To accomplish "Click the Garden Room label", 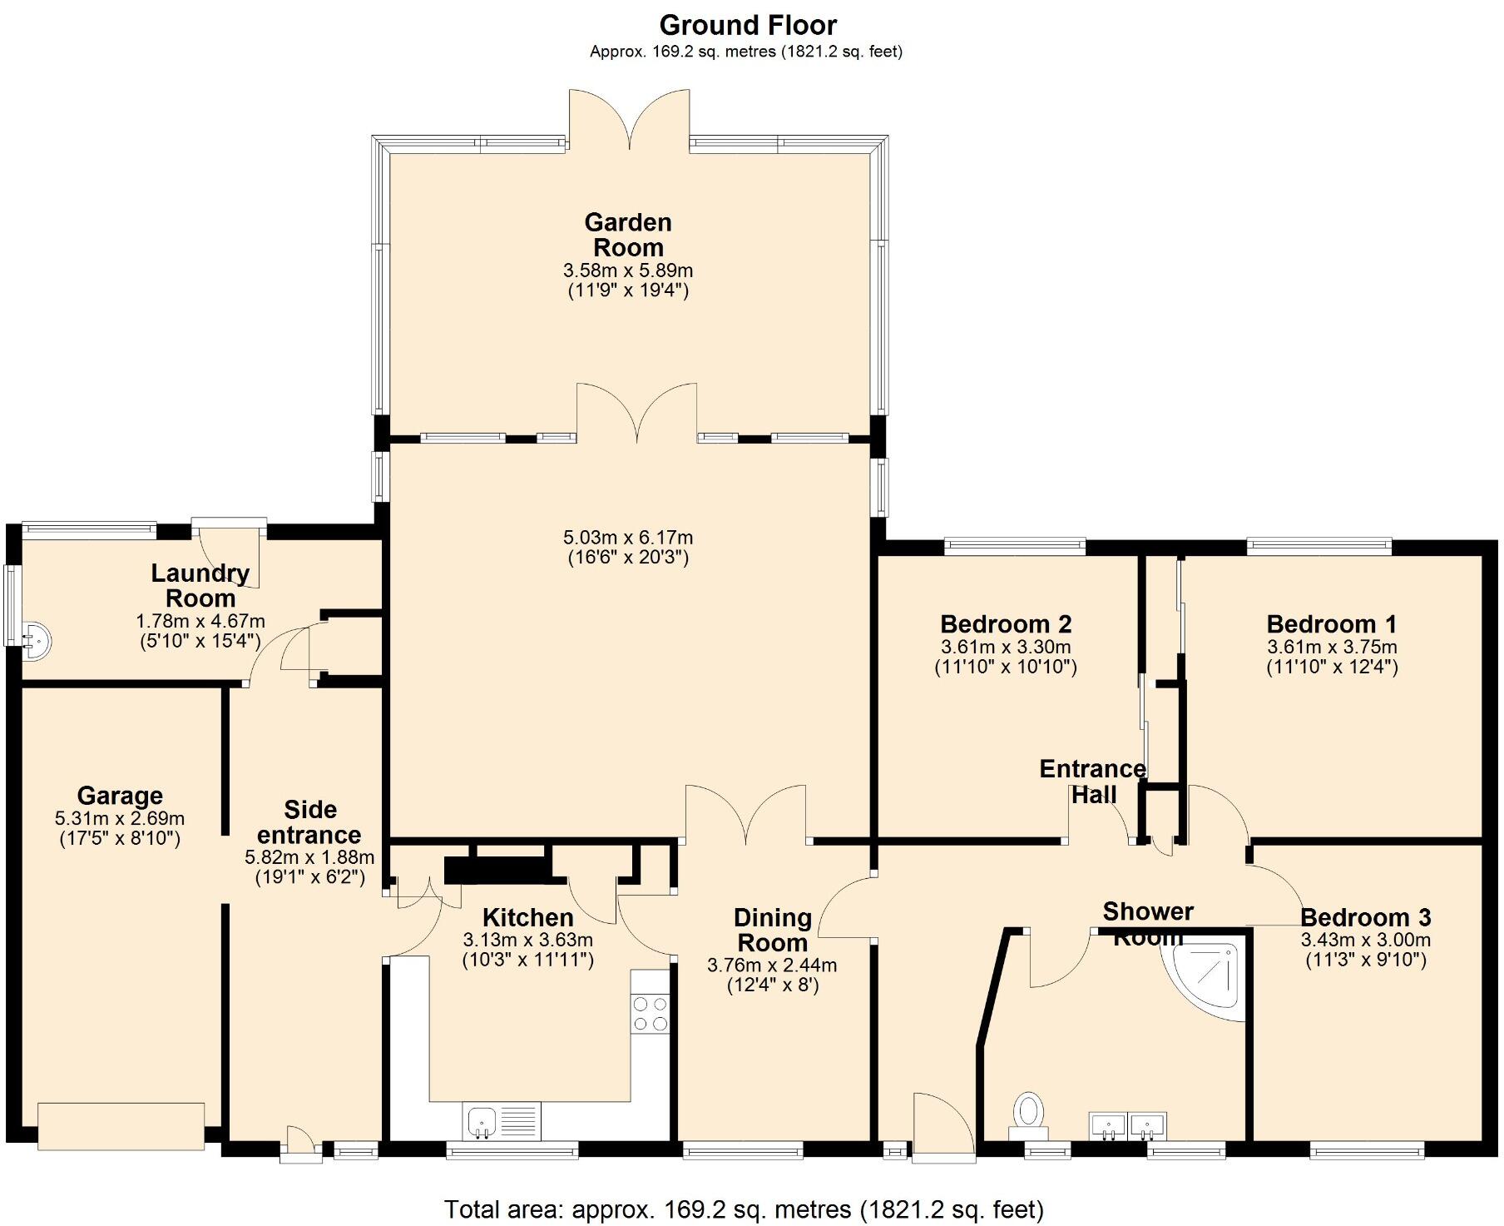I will click(x=628, y=235).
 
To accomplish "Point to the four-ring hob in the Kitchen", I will click(x=650, y=1013).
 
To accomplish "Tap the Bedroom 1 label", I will click(x=1331, y=623).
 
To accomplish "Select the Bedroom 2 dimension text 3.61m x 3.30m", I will click(x=1005, y=647).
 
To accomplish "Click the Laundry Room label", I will click(x=200, y=585).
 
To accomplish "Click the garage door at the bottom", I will click(x=121, y=1126).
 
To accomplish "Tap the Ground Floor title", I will click(x=747, y=25).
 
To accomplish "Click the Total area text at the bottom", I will click(x=743, y=1209).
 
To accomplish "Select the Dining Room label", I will click(x=772, y=930).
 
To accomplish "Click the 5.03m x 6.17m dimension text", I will click(x=628, y=538).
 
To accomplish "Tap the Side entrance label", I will click(x=309, y=821).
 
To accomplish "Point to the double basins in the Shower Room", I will click(x=1127, y=1125).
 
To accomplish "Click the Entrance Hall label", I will click(x=1092, y=781).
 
